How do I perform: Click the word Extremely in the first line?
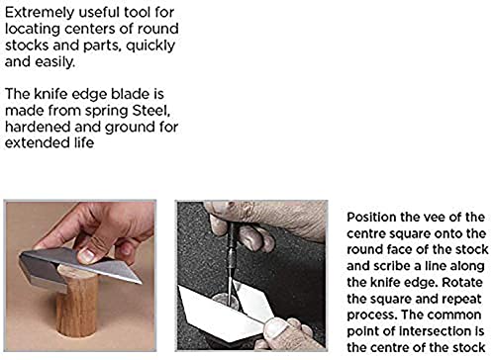[40, 13]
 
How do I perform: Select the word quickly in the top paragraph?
[150, 45]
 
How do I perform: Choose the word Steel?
[151, 111]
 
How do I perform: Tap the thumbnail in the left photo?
[86, 255]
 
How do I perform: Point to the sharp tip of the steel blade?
[142, 283]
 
